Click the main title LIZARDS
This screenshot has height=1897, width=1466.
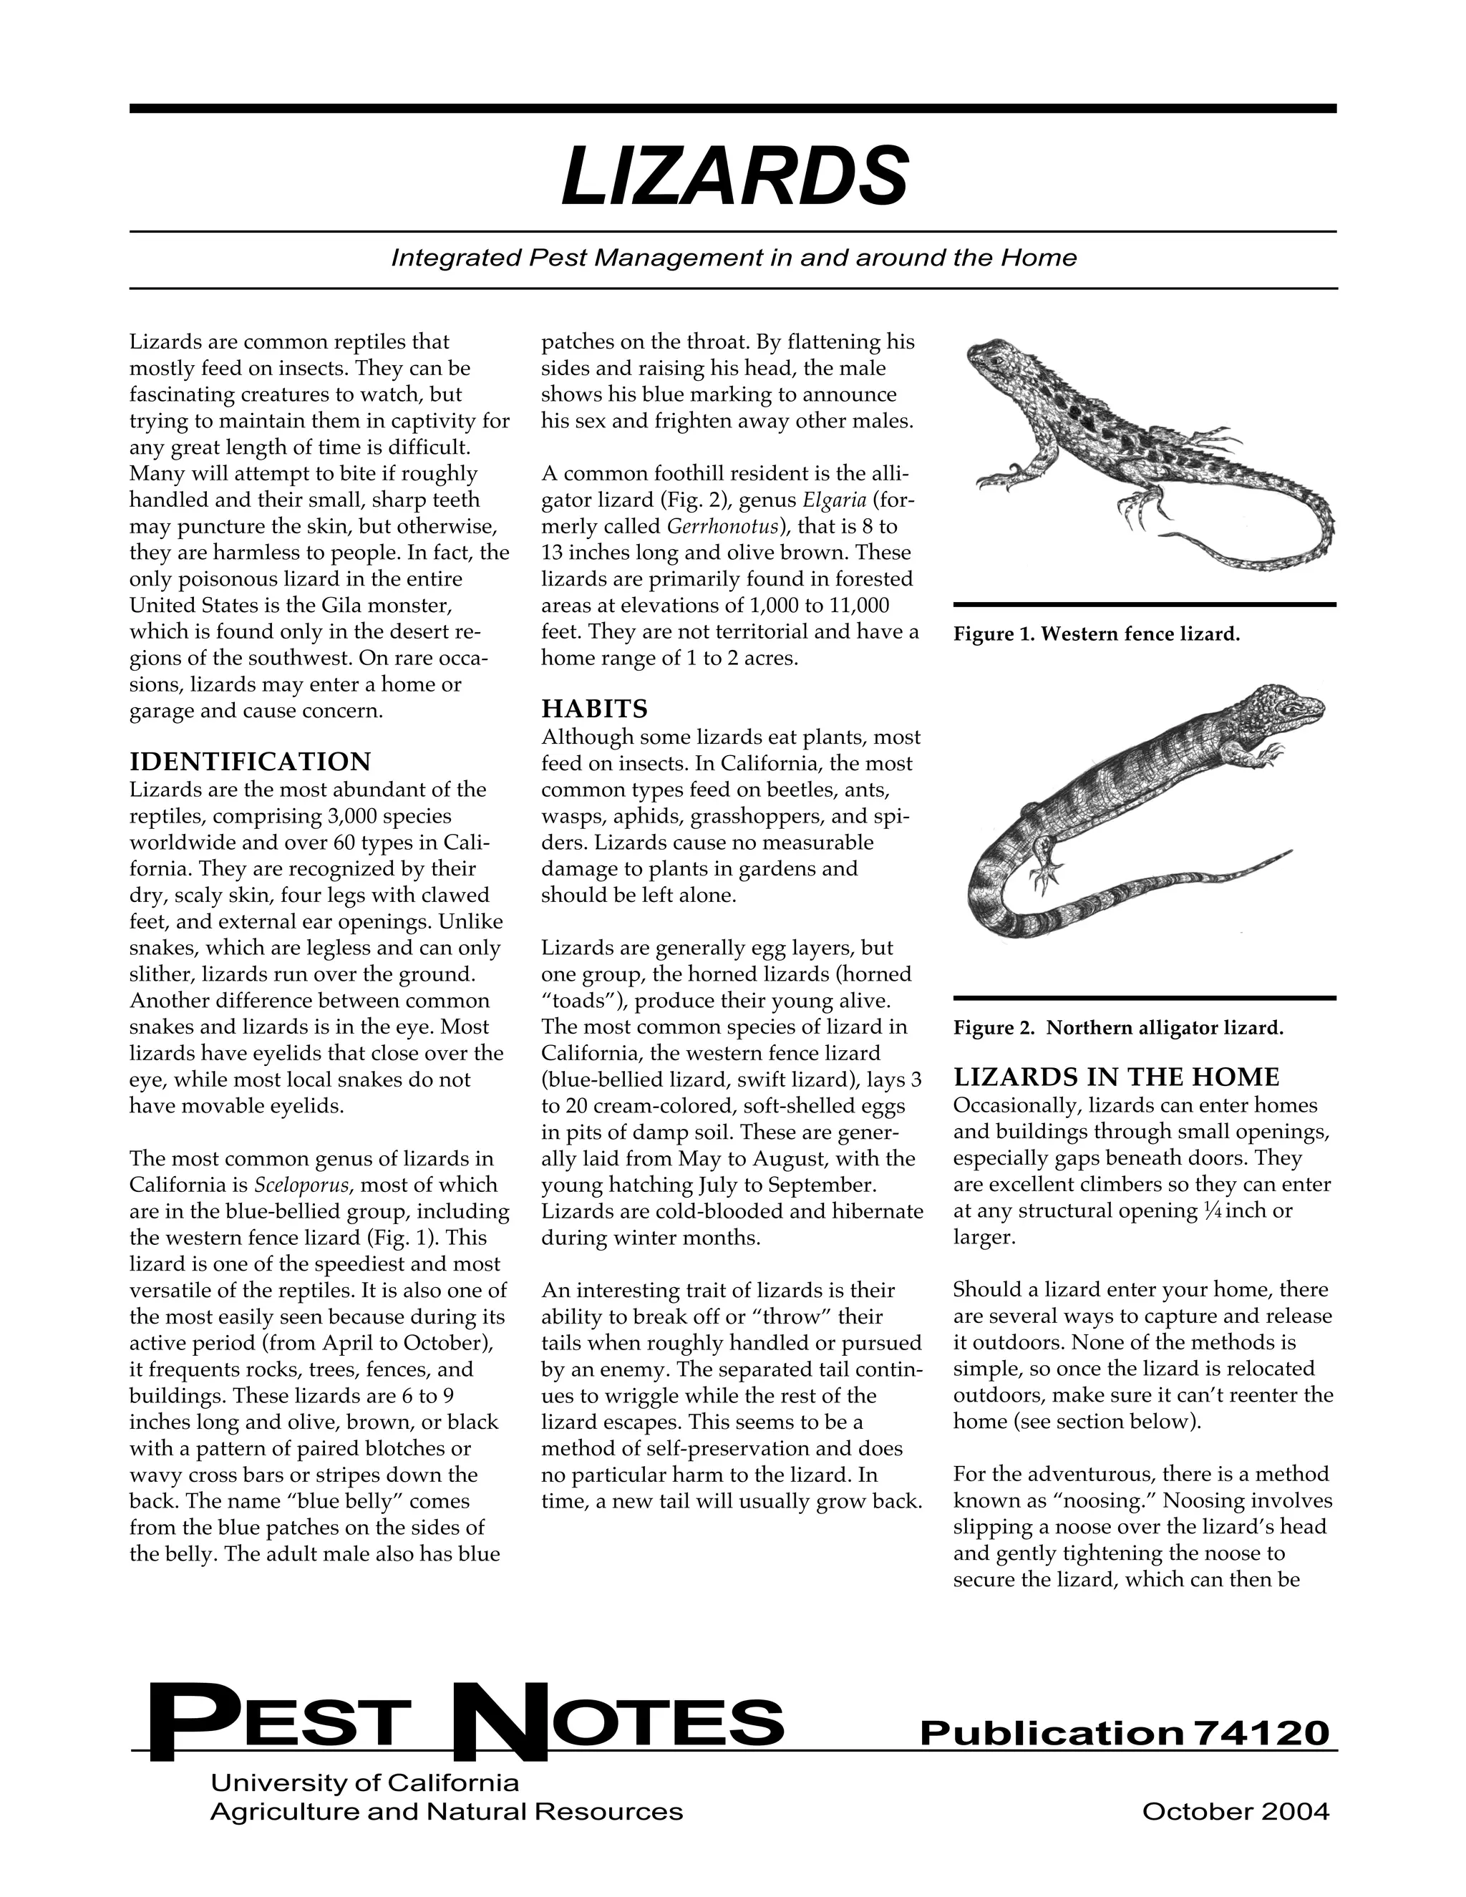(x=734, y=178)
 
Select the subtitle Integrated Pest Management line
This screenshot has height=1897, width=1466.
(x=734, y=258)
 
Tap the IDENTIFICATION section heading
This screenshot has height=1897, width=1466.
(x=250, y=762)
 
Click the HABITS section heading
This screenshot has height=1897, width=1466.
(x=594, y=709)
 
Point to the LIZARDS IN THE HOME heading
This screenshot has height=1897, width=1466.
(x=1116, y=1077)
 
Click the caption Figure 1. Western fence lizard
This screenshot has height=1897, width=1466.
(x=1096, y=634)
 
